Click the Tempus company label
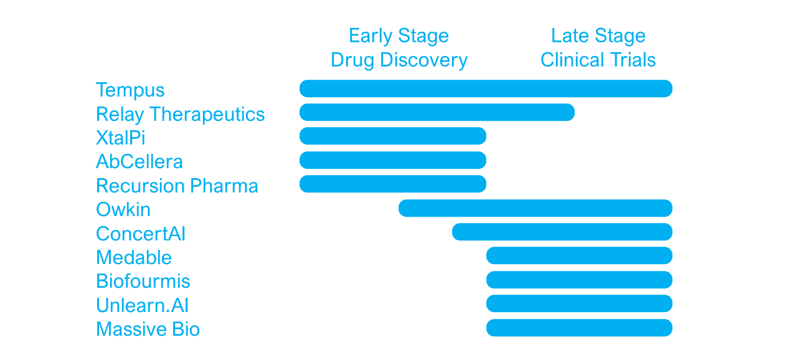(x=130, y=90)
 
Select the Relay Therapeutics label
(x=181, y=115)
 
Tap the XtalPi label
(x=121, y=138)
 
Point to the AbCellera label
(x=139, y=161)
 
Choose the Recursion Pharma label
(x=177, y=186)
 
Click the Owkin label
(x=123, y=209)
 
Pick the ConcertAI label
(x=141, y=234)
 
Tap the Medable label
(x=134, y=257)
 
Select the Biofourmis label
(x=143, y=281)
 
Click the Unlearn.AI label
(x=143, y=305)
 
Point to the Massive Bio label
(x=148, y=329)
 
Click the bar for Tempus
(x=486, y=88)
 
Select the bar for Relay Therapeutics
(x=437, y=112)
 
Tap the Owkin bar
(x=535, y=208)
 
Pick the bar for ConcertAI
(x=562, y=232)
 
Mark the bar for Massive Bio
(x=579, y=328)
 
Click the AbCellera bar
(x=393, y=160)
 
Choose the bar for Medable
(x=579, y=255)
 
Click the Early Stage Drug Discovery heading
(x=399, y=48)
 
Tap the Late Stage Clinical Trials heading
(x=598, y=48)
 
